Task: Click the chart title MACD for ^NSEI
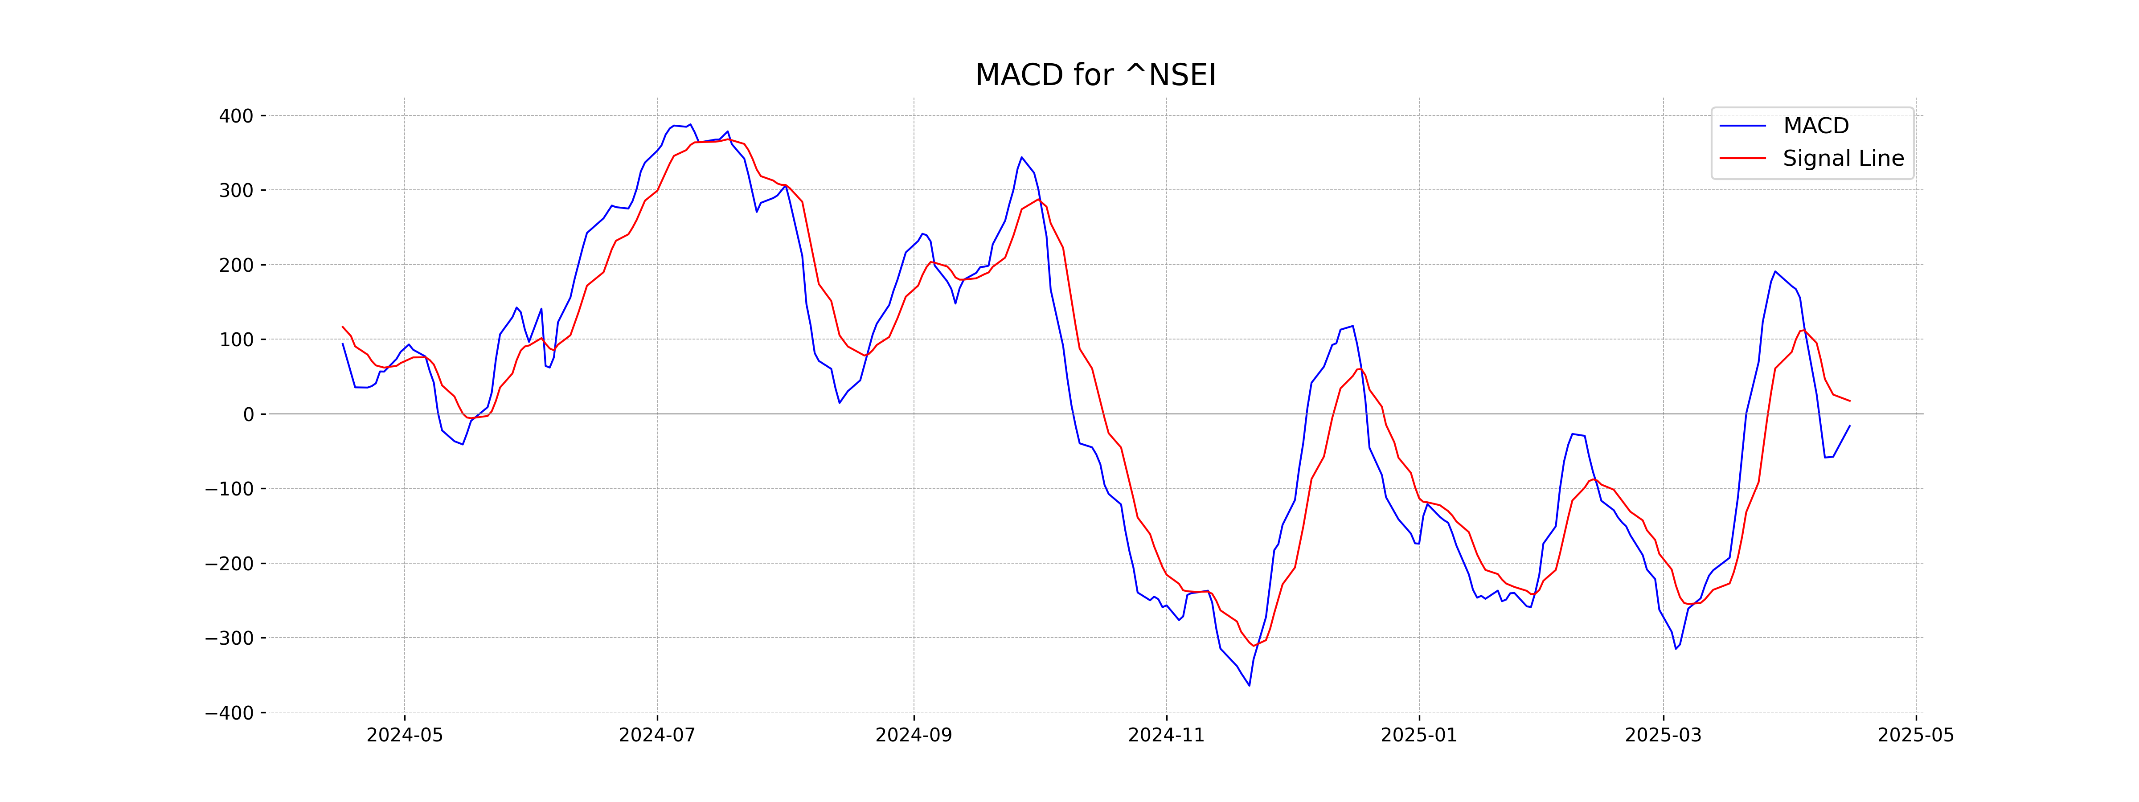tap(1095, 76)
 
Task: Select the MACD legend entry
tap(1816, 126)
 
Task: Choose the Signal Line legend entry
tap(1843, 159)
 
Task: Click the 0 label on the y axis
tap(248, 414)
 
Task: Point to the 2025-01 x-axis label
tap(1418, 736)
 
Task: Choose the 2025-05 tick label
tap(1916, 736)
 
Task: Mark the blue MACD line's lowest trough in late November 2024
tap(1249, 685)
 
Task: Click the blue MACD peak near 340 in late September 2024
tap(1021, 157)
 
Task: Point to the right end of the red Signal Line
tap(1849, 401)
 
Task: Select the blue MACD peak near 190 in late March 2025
tap(1775, 271)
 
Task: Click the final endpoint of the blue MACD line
tap(1849, 426)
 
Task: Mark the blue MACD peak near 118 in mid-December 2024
tap(1352, 326)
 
